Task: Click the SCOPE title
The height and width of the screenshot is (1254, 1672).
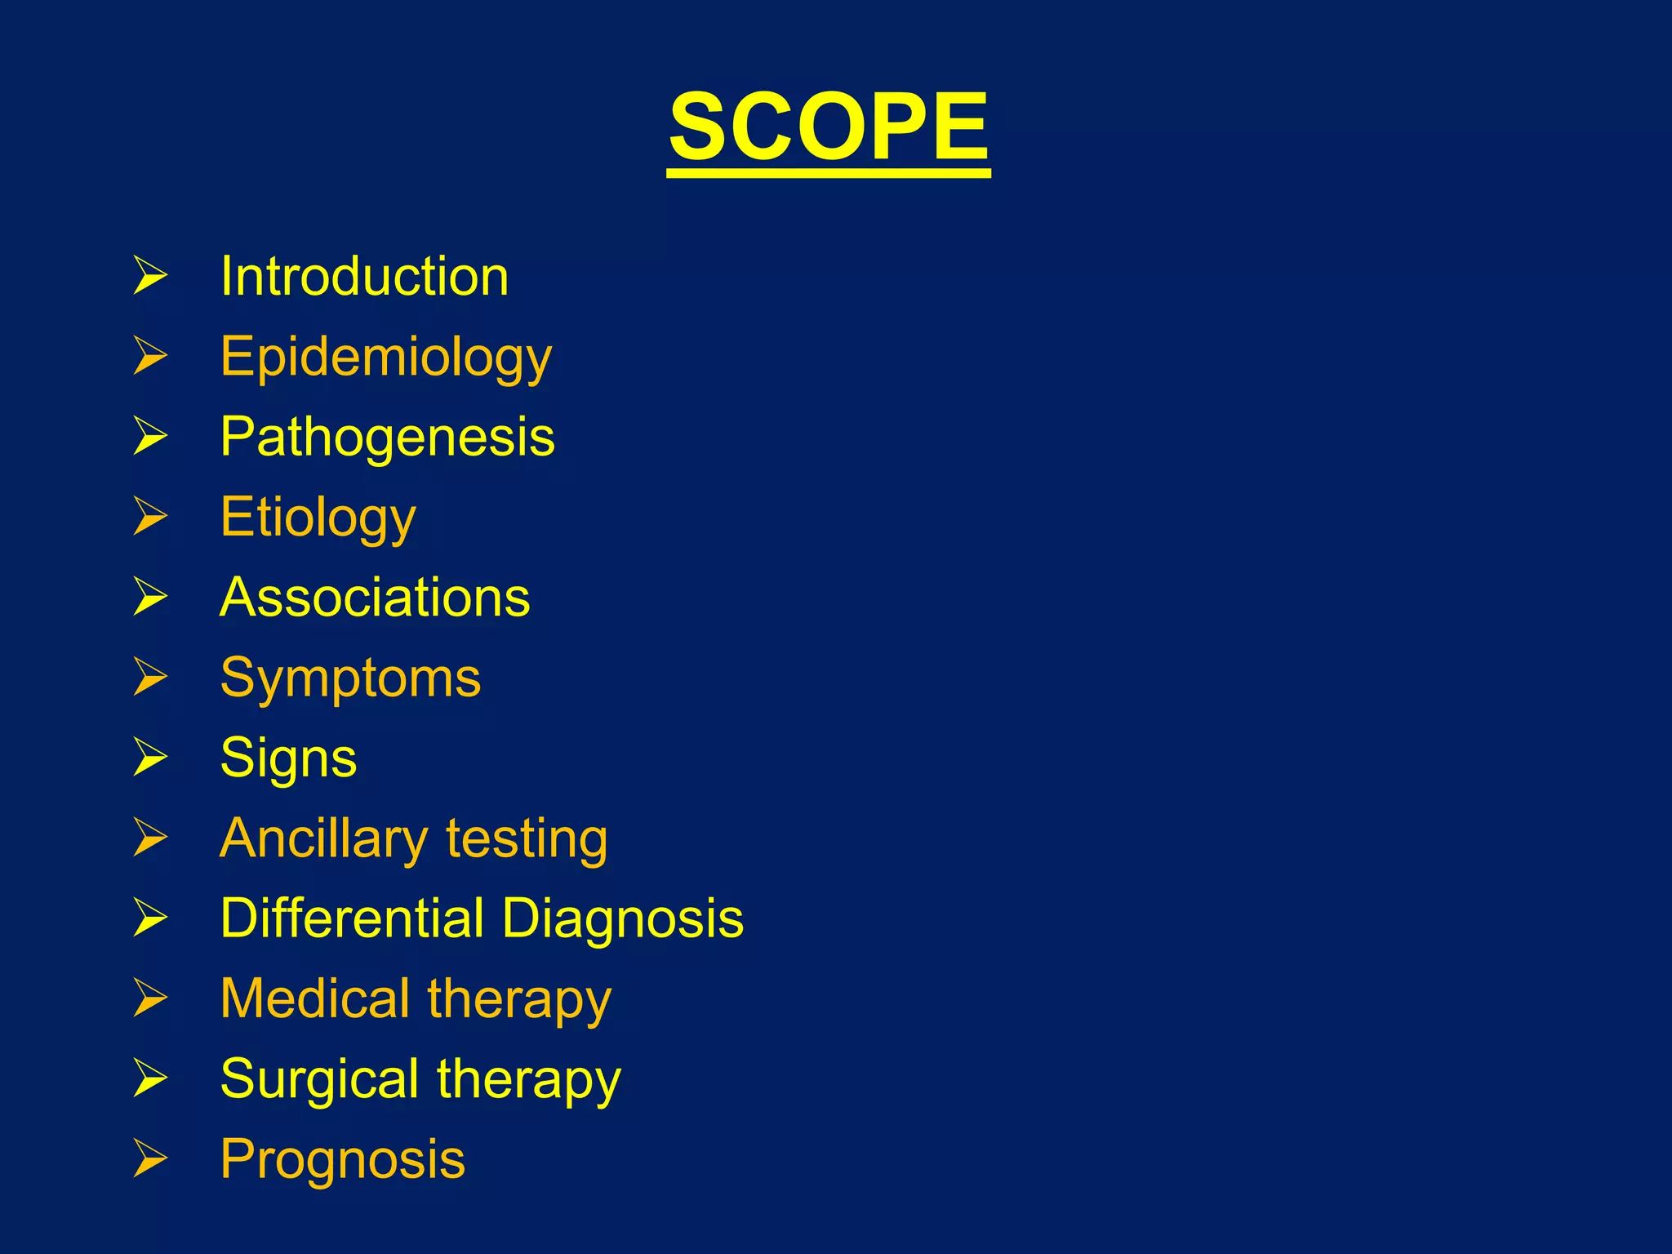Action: [829, 127]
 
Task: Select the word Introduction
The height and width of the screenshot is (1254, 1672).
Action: [364, 276]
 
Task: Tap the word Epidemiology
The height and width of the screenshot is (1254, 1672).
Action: [386, 358]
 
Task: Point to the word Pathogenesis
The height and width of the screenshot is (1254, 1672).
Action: [388, 436]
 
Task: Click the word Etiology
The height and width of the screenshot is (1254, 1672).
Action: [318, 518]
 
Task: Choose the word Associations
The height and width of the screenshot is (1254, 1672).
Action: [375, 597]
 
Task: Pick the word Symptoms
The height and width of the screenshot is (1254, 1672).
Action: [351, 678]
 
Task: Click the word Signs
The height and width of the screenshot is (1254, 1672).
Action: [289, 758]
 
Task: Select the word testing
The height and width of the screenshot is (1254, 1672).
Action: [527, 838]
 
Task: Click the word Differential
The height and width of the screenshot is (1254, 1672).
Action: [353, 918]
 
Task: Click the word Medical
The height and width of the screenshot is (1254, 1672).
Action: [315, 998]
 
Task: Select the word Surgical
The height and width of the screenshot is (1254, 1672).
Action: [320, 1078]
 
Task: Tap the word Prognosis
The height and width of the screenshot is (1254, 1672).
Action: [343, 1159]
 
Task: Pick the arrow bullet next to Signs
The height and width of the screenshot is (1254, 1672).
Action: [150, 757]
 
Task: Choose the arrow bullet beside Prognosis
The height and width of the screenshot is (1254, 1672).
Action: [150, 1158]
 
